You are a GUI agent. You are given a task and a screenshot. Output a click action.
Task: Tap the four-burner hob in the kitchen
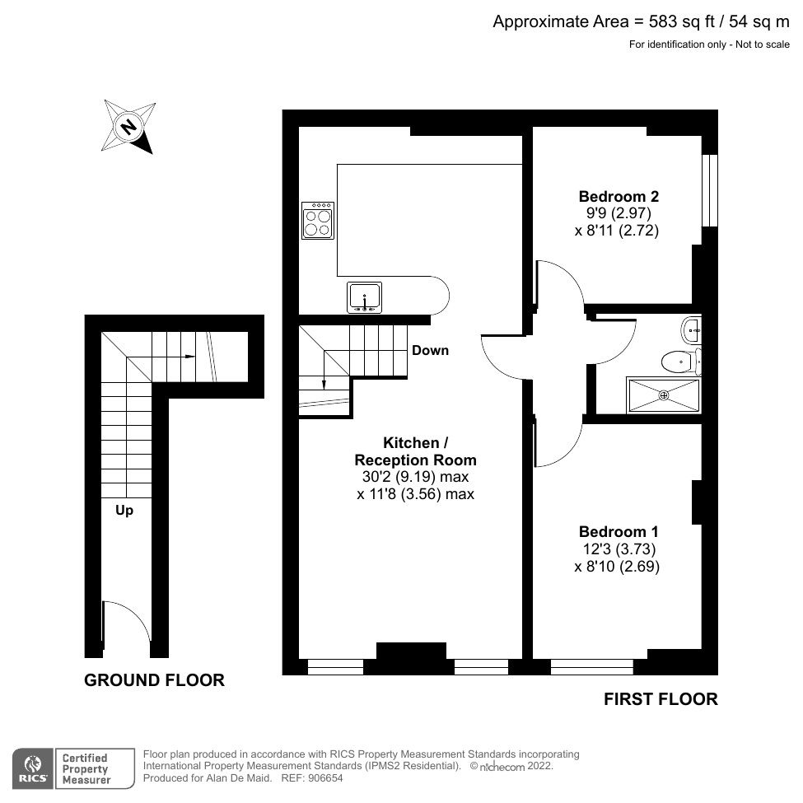[x=318, y=221]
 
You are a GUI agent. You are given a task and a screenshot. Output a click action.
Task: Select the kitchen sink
[x=364, y=296]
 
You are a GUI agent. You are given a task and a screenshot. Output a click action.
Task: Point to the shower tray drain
[x=664, y=394]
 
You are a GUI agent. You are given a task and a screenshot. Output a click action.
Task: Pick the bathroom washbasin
[x=692, y=329]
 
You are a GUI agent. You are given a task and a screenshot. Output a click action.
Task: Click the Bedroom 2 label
[x=618, y=197]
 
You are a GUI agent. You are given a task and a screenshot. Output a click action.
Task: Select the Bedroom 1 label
[x=618, y=532]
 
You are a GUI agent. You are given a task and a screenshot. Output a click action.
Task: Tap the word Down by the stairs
[x=430, y=351]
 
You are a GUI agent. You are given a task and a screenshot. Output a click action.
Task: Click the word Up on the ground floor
[x=124, y=511]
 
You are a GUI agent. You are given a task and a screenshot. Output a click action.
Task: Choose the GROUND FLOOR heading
[x=154, y=680]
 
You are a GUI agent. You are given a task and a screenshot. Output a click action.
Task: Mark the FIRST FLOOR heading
[x=661, y=699]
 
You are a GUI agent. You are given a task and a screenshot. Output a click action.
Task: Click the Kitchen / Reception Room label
[x=415, y=451]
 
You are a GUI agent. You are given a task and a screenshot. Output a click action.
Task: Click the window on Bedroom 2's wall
[x=709, y=190]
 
